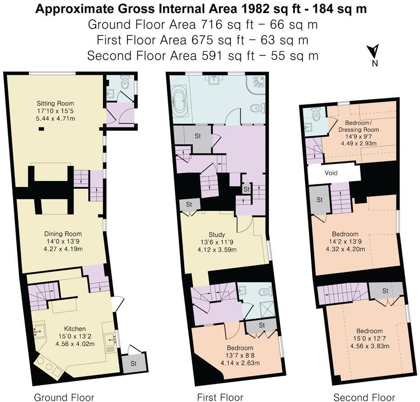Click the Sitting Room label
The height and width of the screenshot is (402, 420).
click(55, 104)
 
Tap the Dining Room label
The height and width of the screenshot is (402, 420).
click(57, 234)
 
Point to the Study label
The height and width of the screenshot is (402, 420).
click(217, 234)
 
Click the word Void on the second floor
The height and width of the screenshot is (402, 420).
click(331, 173)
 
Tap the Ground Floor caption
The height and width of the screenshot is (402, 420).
click(64, 397)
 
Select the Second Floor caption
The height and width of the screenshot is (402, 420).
click(364, 397)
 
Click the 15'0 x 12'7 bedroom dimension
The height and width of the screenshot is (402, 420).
click(369, 339)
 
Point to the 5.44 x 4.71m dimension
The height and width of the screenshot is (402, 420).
click(56, 118)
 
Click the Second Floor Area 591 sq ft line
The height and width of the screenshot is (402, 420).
click(203, 56)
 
